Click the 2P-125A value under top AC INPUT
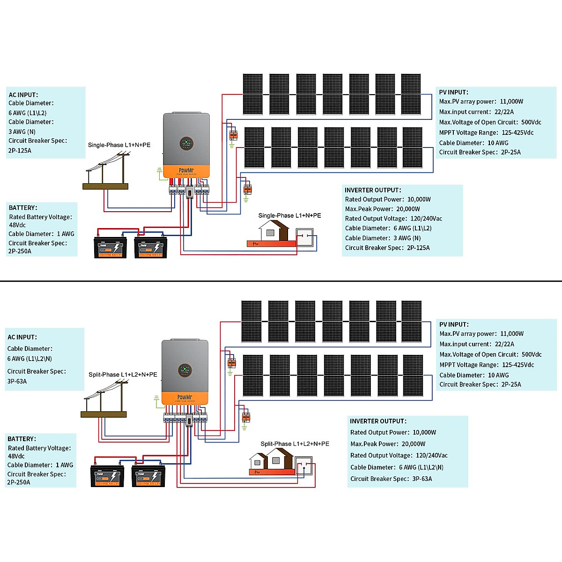pyautogui.click(x=20, y=151)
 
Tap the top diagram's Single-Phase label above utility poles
pyautogui.click(x=119, y=145)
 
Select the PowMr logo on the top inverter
pyautogui.click(x=186, y=170)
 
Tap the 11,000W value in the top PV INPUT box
pyautogui.click(x=511, y=102)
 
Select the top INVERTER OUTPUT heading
pyautogui.click(x=373, y=190)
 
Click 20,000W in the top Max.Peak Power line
pyautogui.click(x=408, y=209)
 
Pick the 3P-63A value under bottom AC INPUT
pyautogui.click(x=17, y=381)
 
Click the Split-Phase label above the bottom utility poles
pyautogui.click(x=123, y=375)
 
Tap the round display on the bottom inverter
pyautogui.click(x=185, y=370)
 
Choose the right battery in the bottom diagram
pyautogui.click(x=148, y=476)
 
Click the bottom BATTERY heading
pyautogui.click(x=22, y=439)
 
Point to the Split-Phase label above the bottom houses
pyautogui.click(x=295, y=444)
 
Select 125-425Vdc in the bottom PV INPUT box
pyautogui.click(x=518, y=365)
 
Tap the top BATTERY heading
pyautogui.click(x=23, y=207)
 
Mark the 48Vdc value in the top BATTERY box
pyautogui.click(x=17, y=225)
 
